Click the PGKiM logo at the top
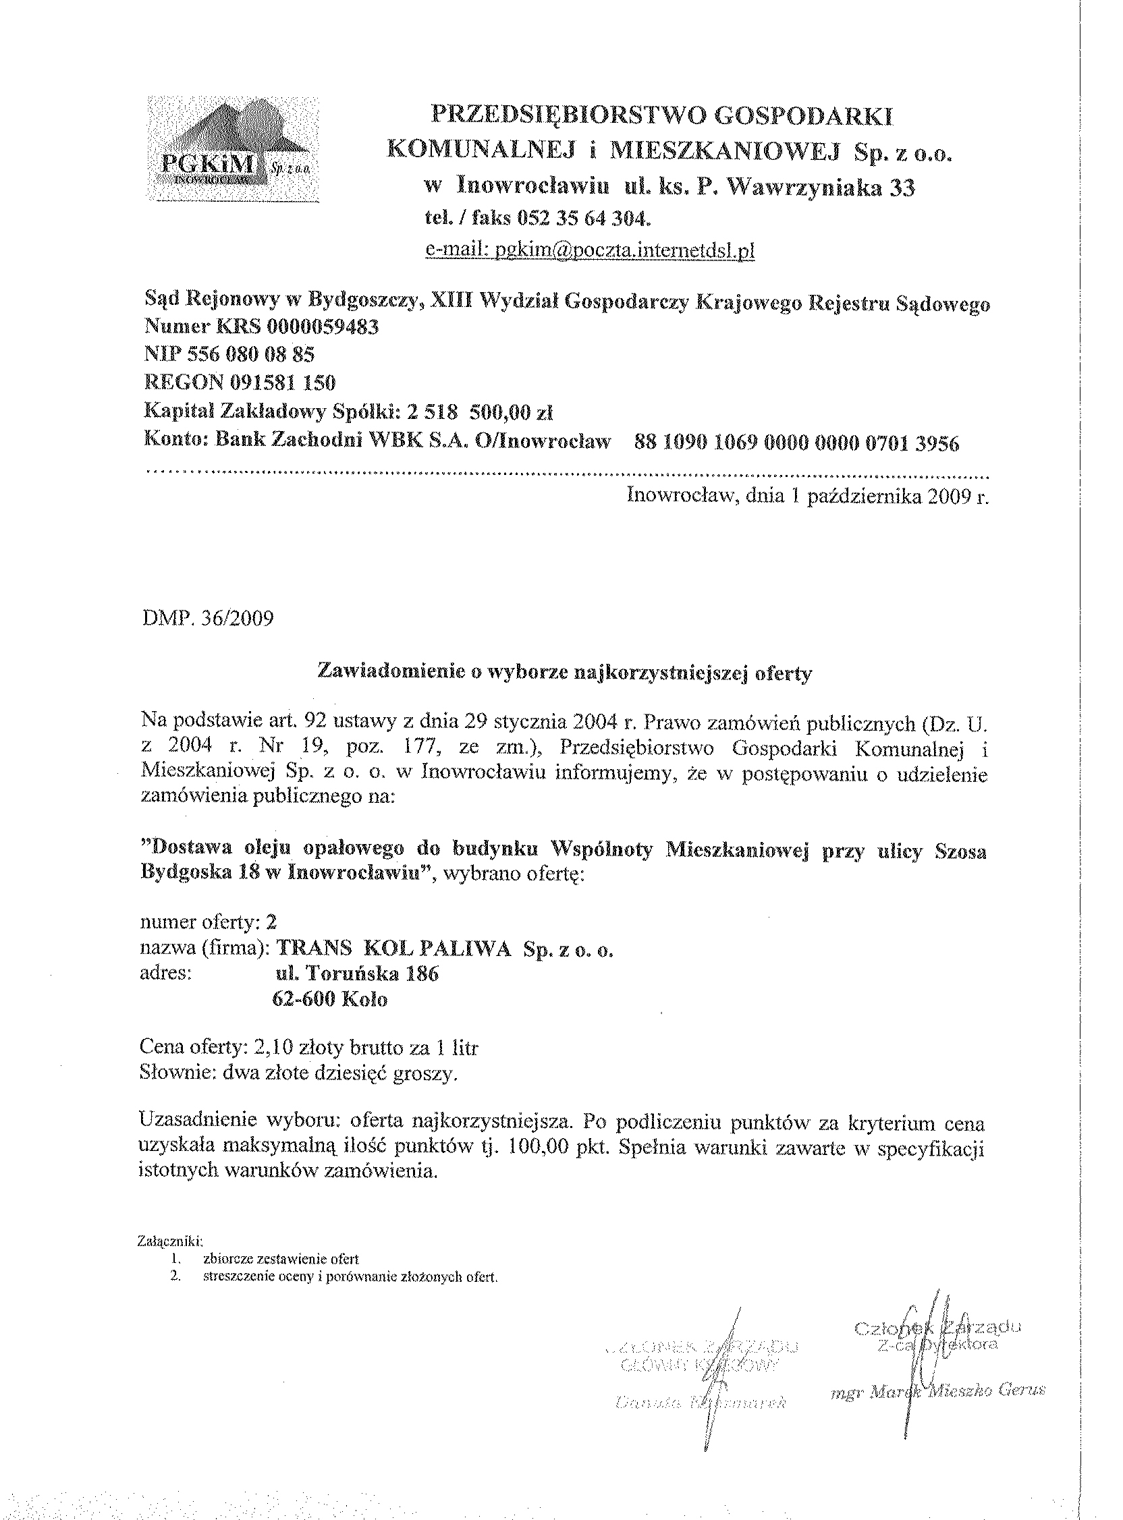click(233, 150)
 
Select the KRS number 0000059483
click(323, 327)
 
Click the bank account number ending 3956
click(796, 444)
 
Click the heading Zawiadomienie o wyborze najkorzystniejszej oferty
click(565, 673)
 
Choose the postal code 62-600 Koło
click(329, 1001)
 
